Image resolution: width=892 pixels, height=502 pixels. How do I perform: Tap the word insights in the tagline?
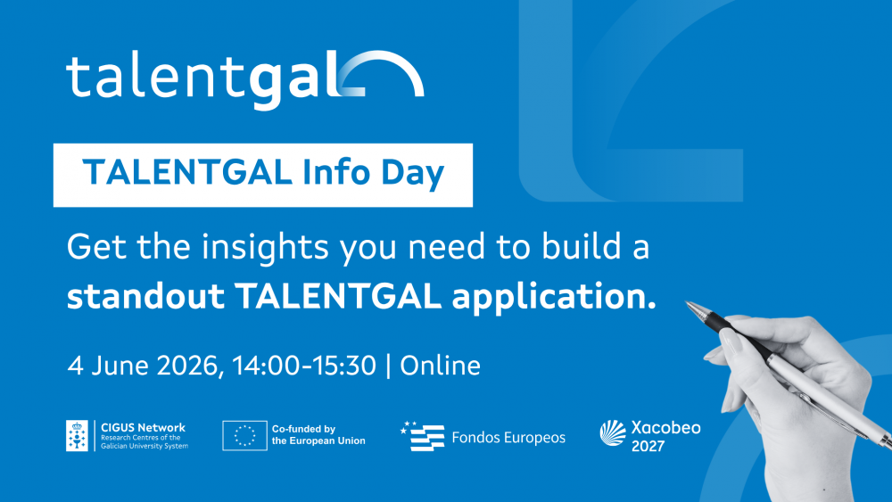pyautogui.click(x=266, y=248)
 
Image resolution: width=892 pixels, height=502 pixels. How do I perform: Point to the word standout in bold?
pyautogui.click(x=145, y=296)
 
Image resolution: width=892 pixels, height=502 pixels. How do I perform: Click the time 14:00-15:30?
pyautogui.click(x=304, y=366)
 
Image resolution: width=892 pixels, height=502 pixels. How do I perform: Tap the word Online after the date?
pyautogui.click(x=441, y=366)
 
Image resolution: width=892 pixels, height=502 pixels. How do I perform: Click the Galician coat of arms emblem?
pyautogui.click(x=77, y=436)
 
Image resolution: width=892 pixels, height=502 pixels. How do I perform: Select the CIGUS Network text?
pyautogui.click(x=144, y=427)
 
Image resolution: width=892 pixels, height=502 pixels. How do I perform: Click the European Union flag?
pyautogui.click(x=244, y=436)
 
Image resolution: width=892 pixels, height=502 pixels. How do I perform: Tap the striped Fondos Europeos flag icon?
pyautogui.click(x=422, y=437)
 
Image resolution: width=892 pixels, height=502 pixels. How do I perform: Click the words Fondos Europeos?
pyautogui.click(x=508, y=437)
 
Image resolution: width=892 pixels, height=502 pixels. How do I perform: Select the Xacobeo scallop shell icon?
pyautogui.click(x=613, y=433)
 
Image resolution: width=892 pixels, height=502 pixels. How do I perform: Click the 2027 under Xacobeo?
pyautogui.click(x=648, y=447)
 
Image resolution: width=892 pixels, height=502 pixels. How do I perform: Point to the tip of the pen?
pyautogui.click(x=687, y=302)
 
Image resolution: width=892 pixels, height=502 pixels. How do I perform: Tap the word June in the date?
pyautogui.click(x=120, y=366)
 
